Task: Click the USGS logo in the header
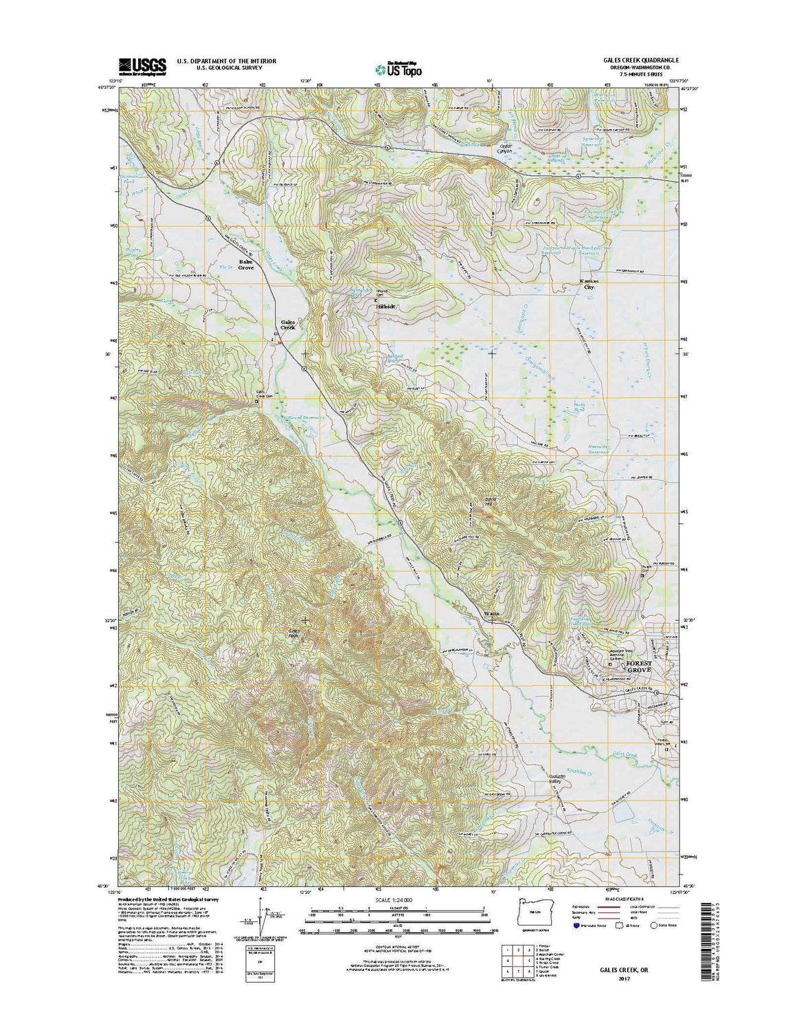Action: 142,66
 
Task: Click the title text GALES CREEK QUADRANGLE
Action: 632,61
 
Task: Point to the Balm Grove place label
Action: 245,265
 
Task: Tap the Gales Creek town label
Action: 287,325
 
